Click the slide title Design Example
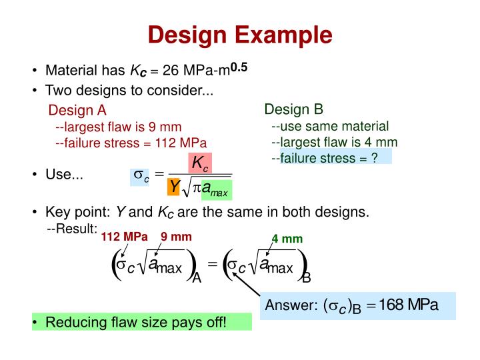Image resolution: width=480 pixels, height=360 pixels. pos(239,35)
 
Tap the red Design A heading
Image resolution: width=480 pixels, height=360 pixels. pos(77,110)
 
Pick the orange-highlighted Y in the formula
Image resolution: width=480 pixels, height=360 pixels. pos(175,188)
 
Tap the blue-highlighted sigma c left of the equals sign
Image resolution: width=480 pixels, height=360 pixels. pos(141,176)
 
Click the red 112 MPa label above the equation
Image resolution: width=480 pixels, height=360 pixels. pos(124,236)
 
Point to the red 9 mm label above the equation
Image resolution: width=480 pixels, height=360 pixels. pos(176,236)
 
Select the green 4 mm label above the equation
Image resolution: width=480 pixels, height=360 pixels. pos(287,239)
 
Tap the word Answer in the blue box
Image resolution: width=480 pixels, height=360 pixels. pos(289,306)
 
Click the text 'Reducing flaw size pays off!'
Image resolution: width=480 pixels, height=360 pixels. pos(136,323)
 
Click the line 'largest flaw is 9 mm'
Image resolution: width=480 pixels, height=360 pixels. pos(118,127)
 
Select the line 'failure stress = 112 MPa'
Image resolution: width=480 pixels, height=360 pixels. pos(131,143)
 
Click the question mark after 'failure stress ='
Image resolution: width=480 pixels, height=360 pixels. pos(375,157)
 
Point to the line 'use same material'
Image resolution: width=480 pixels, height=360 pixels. pos(330,126)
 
